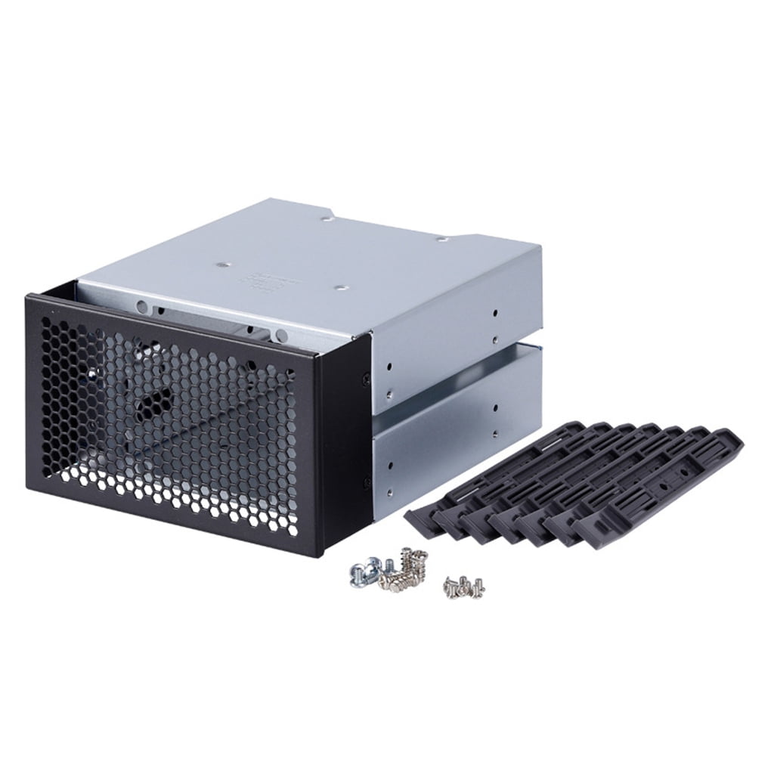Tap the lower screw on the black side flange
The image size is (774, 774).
[367, 480]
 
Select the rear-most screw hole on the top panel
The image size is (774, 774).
[324, 221]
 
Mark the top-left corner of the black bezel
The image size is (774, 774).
[28, 297]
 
